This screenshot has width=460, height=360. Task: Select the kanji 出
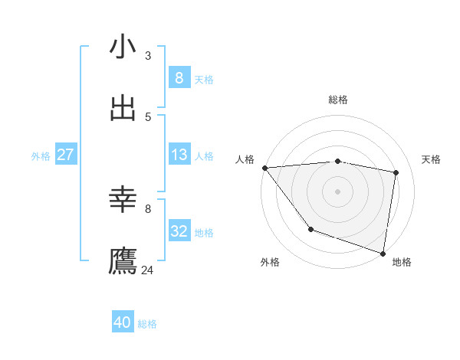coord(123,108)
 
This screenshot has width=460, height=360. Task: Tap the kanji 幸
coord(123,201)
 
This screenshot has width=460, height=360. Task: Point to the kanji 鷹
coord(123,261)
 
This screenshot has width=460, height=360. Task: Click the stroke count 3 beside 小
coord(148,55)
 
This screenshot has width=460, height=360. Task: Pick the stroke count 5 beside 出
coord(148,116)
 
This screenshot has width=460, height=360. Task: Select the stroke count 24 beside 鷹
coord(148,270)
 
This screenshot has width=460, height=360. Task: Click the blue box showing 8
coord(179,77)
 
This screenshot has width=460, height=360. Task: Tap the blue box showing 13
coord(179,155)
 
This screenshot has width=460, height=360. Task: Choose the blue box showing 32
coord(179,231)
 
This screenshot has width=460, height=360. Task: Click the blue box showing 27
coord(65,155)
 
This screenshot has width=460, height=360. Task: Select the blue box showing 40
coord(123,322)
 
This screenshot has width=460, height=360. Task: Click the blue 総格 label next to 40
coord(148,324)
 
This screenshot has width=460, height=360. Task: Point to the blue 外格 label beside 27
coord(41,156)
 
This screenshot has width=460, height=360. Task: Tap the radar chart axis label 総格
coord(338,100)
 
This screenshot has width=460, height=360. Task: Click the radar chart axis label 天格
coord(432,159)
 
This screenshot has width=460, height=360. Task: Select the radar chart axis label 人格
coord(245,159)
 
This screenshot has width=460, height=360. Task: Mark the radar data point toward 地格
coord(383,253)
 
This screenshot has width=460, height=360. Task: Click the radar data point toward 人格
coord(264,168)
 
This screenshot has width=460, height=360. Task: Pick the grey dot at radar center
coord(337,191)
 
